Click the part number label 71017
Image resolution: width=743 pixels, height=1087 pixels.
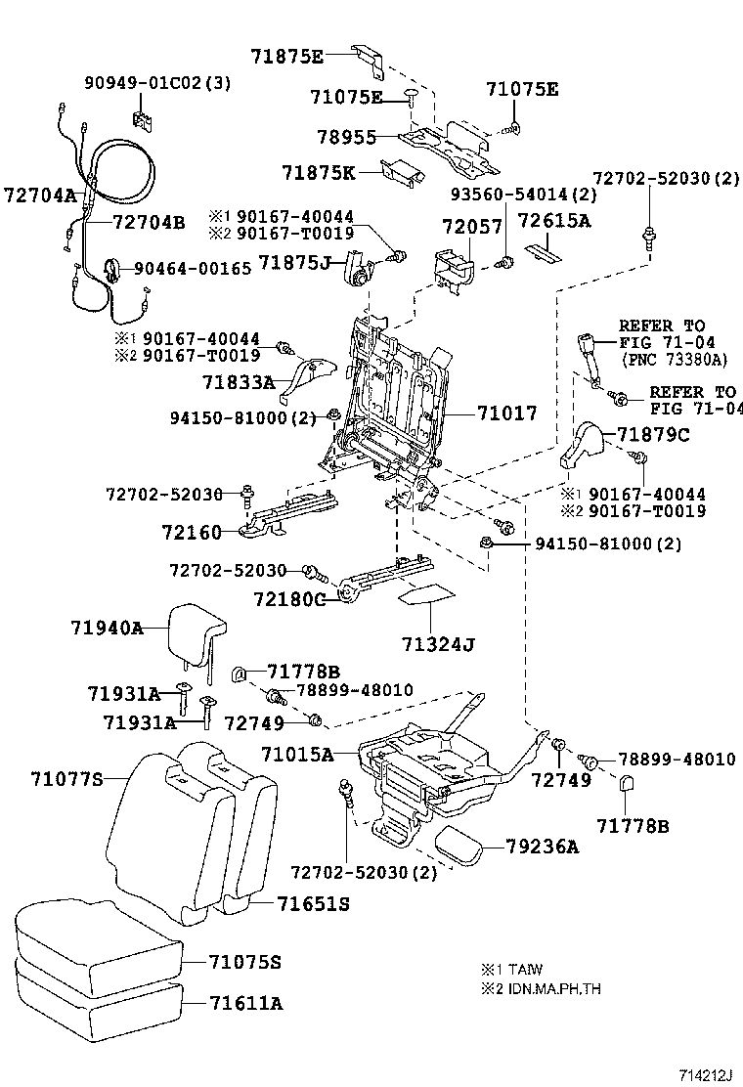(507, 413)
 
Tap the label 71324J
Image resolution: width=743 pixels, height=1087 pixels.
(437, 645)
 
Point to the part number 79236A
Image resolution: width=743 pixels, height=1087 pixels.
(544, 848)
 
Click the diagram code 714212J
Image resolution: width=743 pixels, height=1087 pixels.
(707, 1075)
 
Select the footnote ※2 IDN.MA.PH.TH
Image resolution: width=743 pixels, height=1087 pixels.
(541, 988)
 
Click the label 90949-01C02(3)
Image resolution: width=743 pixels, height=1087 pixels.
(156, 83)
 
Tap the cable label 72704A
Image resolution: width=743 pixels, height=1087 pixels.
(39, 195)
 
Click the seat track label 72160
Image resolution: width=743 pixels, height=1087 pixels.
(193, 533)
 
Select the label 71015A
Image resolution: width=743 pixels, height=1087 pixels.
(297, 755)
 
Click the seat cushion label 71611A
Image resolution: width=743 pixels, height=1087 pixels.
(244, 1003)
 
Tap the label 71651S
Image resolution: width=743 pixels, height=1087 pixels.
(312, 904)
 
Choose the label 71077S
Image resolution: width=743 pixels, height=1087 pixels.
(66, 778)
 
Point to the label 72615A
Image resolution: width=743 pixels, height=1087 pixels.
(554, 221)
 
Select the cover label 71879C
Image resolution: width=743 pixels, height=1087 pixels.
(653, 435)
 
